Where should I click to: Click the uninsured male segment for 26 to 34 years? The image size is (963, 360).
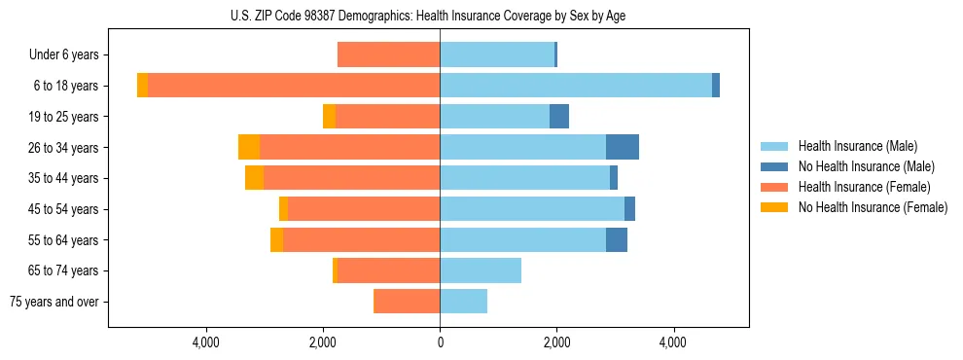point(623,147)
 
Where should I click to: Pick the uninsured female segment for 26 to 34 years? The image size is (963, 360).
point(249,147)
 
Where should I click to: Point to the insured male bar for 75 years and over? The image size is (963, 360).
point(464,302)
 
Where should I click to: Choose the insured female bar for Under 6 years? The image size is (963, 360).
point(389,54)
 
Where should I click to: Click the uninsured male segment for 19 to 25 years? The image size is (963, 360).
point(559,117)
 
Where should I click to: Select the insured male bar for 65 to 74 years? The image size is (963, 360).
point(481,270)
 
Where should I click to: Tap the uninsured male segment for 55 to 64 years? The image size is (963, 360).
point(617,239)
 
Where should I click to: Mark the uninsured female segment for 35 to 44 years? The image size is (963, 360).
point(254,178)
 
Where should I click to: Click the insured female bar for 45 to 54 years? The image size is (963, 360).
point(364,209)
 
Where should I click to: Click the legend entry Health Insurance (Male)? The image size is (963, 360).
point(857,146)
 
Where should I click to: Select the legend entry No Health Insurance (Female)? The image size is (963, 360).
point(873,207)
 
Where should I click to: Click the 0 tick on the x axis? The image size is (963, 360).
point(440,342)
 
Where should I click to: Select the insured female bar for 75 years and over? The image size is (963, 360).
point(407,302)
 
